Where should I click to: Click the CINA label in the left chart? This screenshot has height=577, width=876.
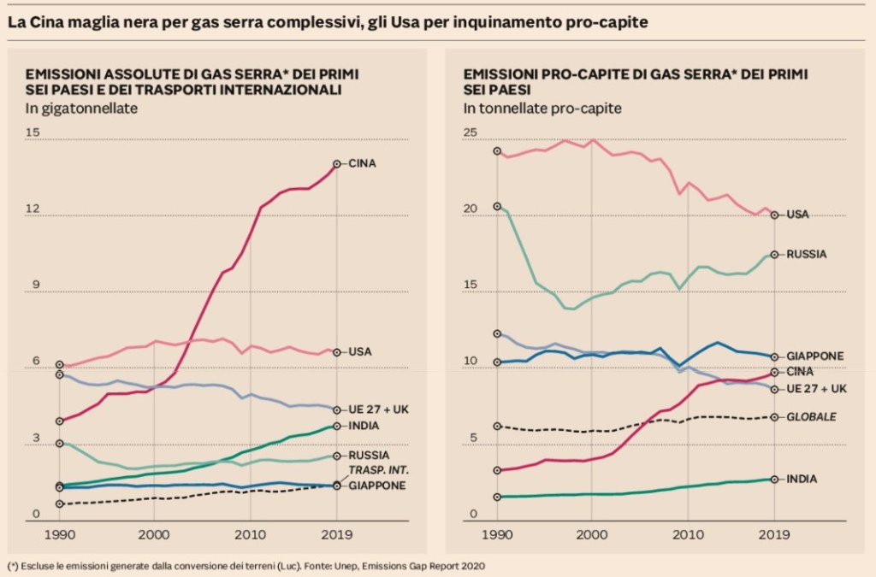(x=363, y=163)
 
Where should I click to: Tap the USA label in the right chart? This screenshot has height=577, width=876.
(x=797, y=215)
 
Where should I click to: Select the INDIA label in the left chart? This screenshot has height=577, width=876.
(x=364, y=426)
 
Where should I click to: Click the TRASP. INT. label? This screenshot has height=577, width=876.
(x=378, y=471)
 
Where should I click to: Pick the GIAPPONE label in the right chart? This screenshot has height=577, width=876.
(x=815, y=356)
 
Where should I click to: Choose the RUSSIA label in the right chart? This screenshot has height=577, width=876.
(x=806, y=254)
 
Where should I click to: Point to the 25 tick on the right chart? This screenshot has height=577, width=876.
(x=471, y=132)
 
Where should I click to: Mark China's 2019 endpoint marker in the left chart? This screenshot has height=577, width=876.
(x=337, y=163)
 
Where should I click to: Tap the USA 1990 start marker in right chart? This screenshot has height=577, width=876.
(x=497, y=151)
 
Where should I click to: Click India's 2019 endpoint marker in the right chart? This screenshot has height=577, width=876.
(x=774, y=480)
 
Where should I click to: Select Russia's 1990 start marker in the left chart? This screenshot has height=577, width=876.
(x=59, y=444)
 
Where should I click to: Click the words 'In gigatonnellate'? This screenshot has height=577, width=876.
(x=81, y=109)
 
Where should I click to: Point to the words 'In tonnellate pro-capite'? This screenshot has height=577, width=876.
(x=542, y=109)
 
